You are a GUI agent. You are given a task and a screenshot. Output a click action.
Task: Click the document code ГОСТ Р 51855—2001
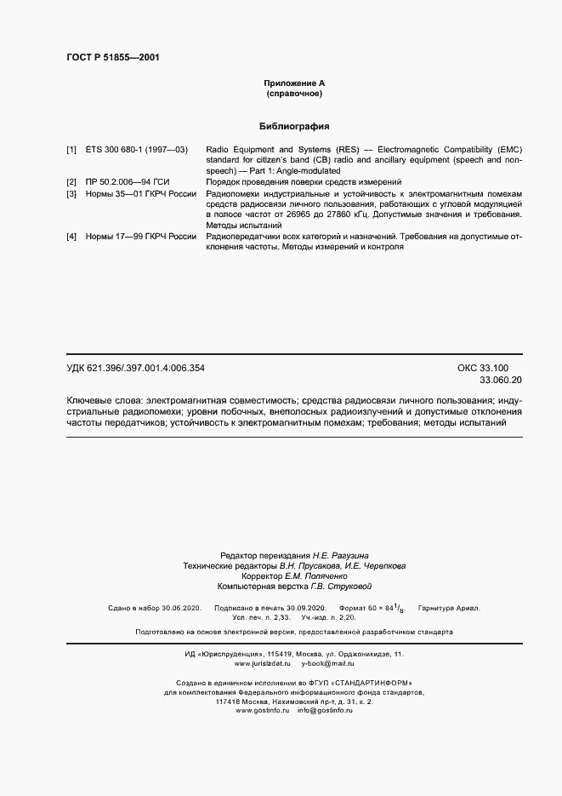(x=113, y=58)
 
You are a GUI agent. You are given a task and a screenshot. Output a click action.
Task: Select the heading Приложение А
(x=294, y=83)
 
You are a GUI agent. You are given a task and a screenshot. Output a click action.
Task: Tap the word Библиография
(x=294, y=126)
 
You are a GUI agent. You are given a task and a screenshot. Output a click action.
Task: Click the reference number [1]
(x=71, y=149)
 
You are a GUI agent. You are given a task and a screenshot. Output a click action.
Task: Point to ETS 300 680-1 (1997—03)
(x=137, y=149)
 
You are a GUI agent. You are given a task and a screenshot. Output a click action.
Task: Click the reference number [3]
(x=71, y=194)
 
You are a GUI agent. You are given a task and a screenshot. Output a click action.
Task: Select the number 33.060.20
(x=501, y=380)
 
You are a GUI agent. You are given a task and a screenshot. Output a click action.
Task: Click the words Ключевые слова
(x=102, y=399)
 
